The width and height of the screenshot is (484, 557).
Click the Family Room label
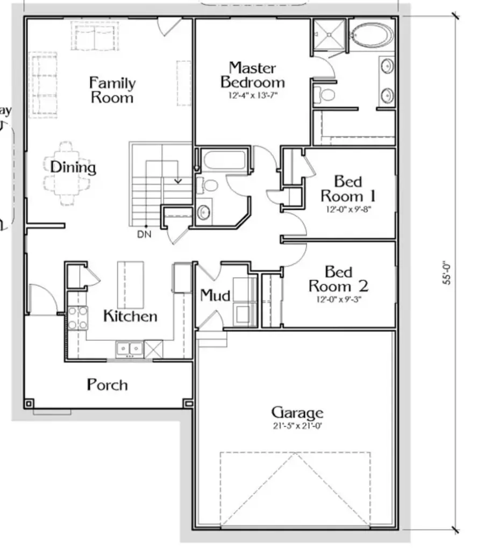[112, 90]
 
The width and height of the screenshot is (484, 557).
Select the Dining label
[73, 167]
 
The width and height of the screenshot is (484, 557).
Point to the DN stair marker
[144, 234]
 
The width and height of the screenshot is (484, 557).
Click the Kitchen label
[130, 316]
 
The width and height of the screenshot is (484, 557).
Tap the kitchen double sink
[129, 349]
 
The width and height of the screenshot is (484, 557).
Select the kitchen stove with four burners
[77, 318]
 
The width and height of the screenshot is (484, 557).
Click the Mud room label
[215, 295]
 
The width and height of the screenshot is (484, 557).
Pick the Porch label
[108, 385]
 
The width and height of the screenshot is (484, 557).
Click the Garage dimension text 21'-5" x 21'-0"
[297, 426]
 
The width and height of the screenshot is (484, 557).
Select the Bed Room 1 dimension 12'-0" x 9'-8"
[348, 209]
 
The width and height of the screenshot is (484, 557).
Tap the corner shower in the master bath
[329, 35]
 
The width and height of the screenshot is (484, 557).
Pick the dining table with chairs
[67, 173]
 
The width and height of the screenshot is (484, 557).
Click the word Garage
[297, 413]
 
